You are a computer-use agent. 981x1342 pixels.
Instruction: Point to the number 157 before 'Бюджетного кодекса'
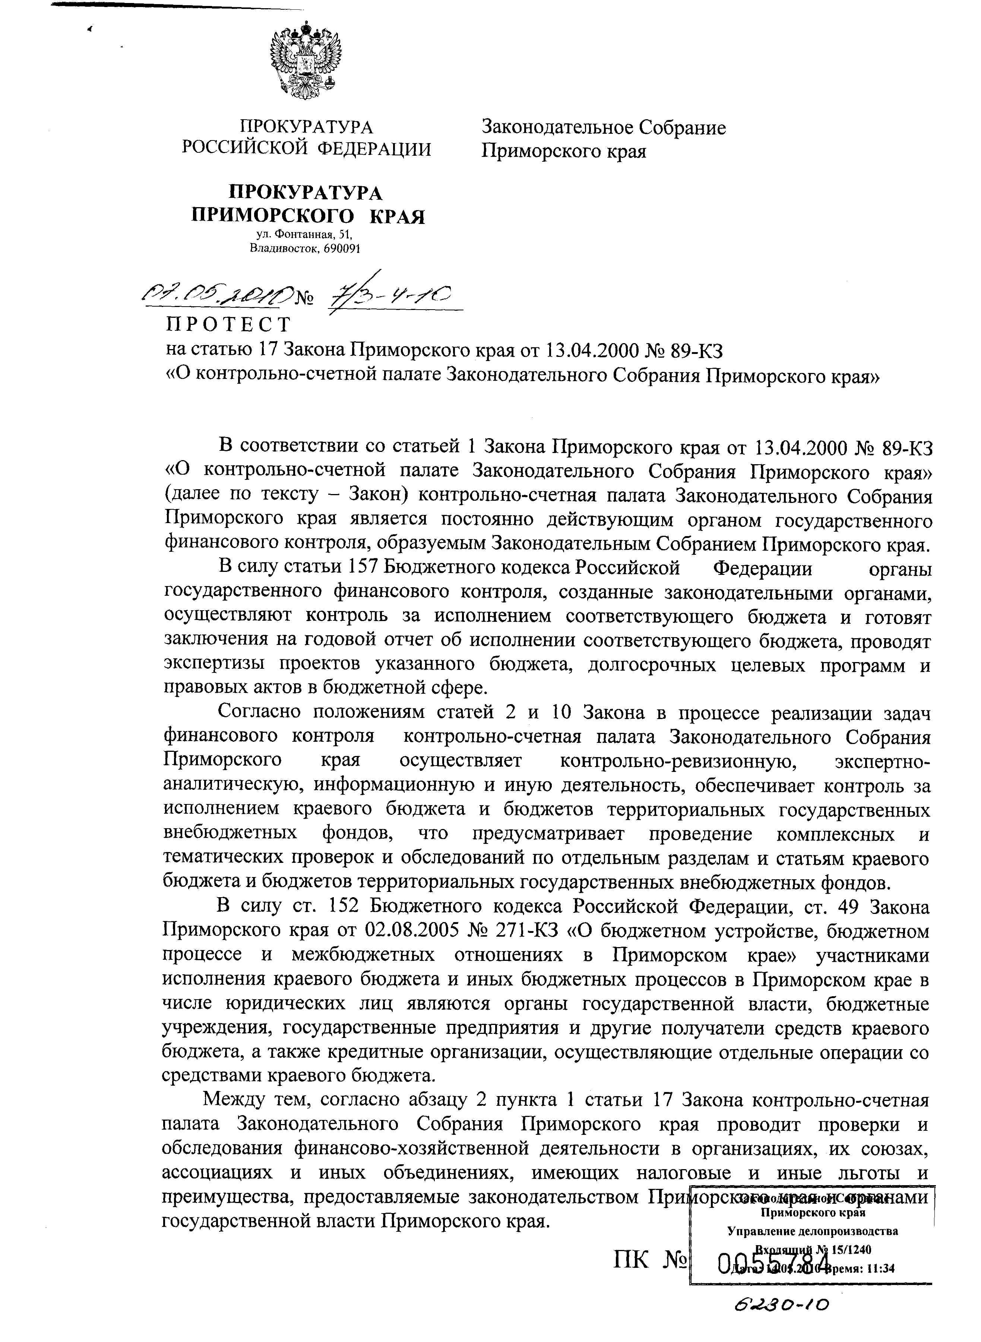point(360,568)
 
